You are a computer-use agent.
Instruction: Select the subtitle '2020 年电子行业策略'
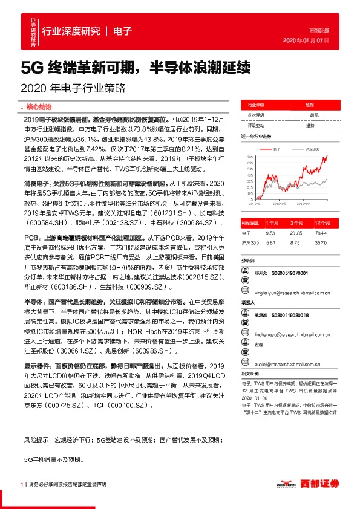(x=73, y=88)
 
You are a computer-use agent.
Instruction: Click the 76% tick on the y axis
(x=250, y=156)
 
